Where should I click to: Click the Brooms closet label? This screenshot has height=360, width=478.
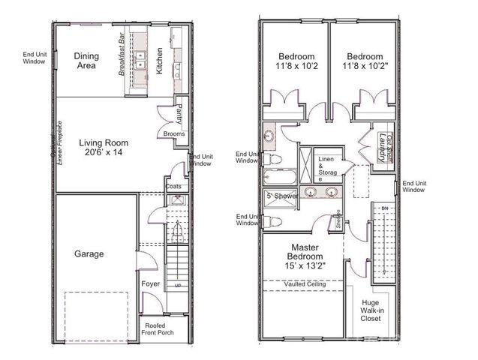point(174,134)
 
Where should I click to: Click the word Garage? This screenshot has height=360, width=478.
point(89,253)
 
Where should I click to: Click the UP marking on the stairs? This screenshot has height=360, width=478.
point(177,286)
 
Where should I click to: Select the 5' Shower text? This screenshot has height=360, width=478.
point(283,196)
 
